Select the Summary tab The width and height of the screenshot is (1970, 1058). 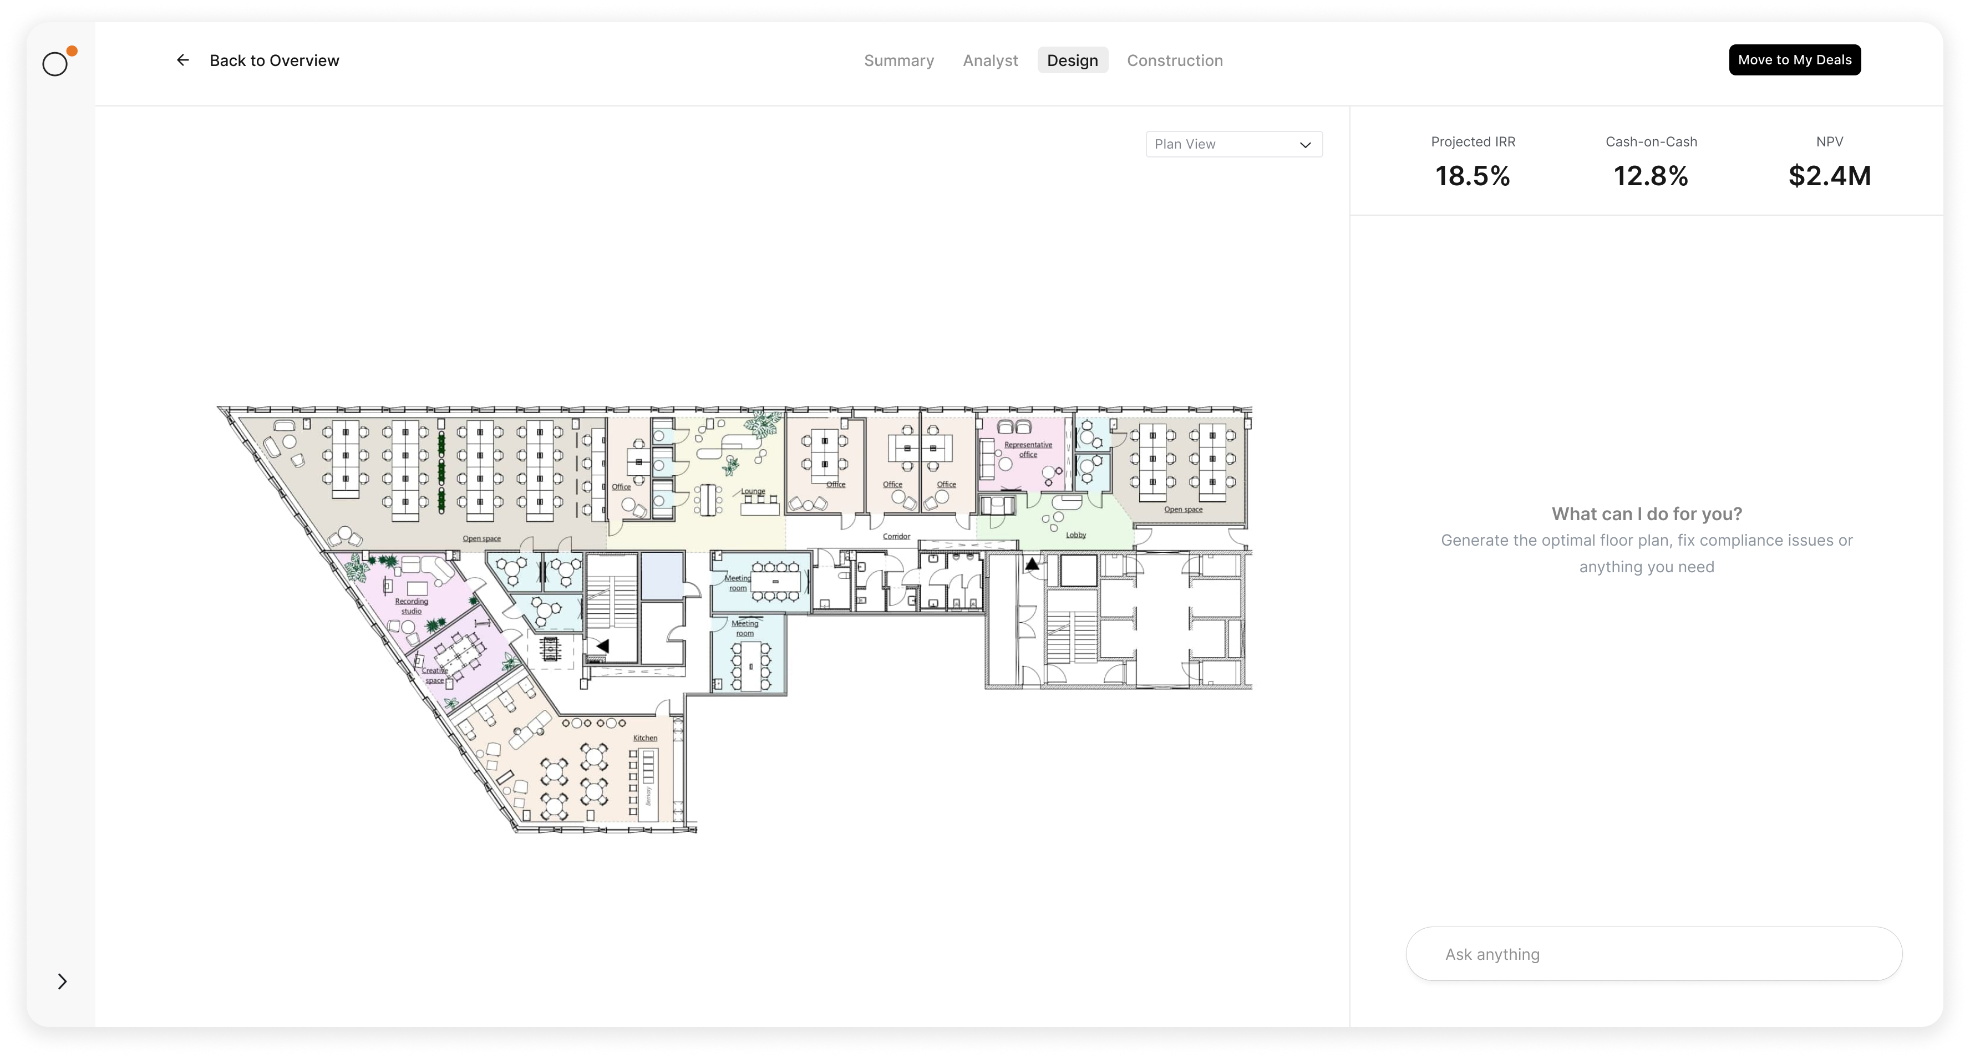pos(898,60)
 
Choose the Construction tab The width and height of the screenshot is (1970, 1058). pos(1175,60)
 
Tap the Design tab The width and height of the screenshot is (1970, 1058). pos(1072,60)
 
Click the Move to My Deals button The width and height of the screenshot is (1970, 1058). pos(1795,60)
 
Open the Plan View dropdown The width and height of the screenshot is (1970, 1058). pos(1233,144)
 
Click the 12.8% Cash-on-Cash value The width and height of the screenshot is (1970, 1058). pos(1651,176)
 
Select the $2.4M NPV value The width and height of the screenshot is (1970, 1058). pos(1829,176)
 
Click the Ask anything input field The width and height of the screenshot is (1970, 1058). pos(1653,954)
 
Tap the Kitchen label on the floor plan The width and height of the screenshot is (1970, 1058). pos(644,737)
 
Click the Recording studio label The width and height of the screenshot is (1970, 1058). pos(412,606)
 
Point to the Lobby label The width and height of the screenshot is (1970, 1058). pos(1076,535)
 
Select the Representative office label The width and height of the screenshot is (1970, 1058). pos(1028,450)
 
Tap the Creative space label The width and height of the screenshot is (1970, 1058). pos(434,675)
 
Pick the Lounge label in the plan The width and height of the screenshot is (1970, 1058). pos(753,491)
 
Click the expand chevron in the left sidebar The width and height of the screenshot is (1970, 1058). pos(63,981)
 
